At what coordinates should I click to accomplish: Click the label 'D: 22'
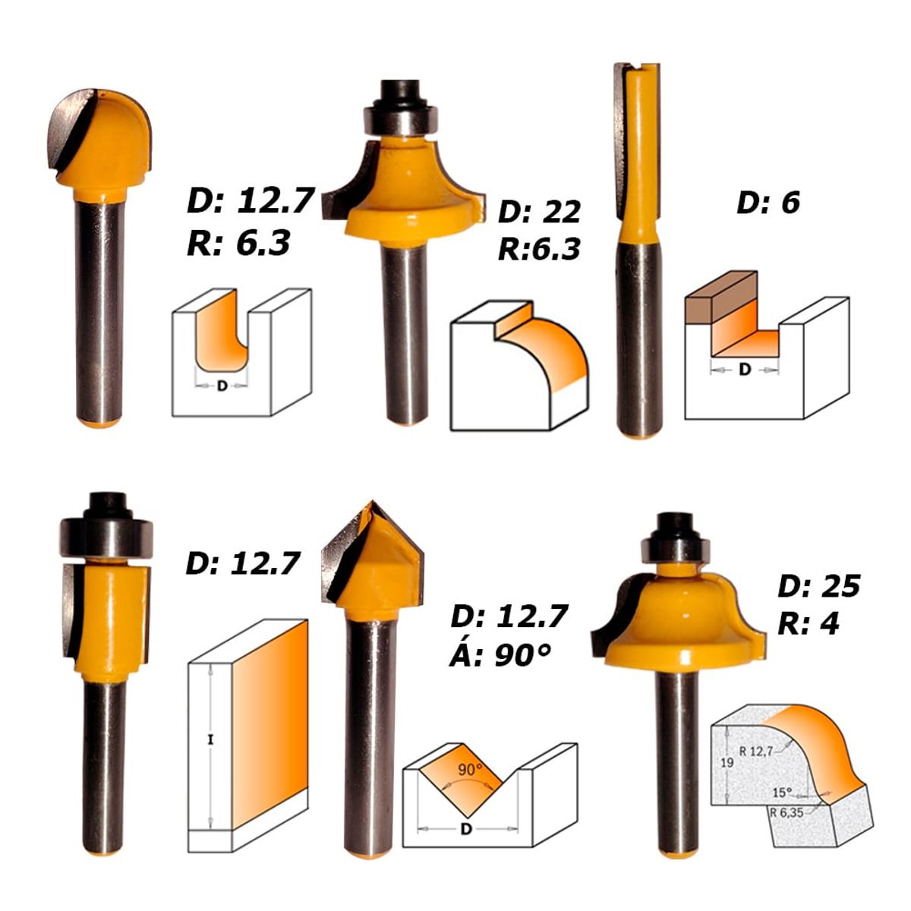click(x=539, y=212)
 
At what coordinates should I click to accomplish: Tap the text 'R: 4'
click(x=809, y=623)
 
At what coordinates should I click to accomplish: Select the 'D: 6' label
click(x=768, y=203)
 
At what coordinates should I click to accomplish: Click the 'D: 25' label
click(x=819, y=586)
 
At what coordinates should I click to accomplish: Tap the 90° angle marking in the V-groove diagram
click(x=470, y=769)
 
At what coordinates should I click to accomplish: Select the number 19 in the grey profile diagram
click(x=727, y=763)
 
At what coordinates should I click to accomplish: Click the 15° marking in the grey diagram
click(x=782, y=792)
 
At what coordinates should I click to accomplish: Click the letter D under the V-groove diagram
click(x=466, y=829)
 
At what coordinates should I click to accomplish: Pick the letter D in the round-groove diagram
click(x=222, y=386)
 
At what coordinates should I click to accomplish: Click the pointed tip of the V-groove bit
click(x=371, y=505)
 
